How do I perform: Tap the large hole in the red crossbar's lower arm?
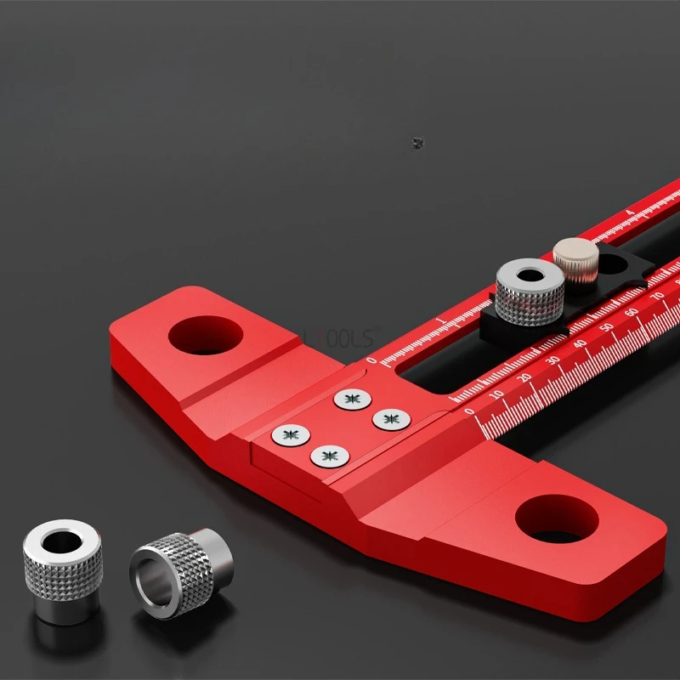(x=557, y=518)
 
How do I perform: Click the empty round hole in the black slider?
(x=613, y=263)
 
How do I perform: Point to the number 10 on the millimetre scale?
(x=497, y=394)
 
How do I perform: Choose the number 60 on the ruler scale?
(x=632, y=312)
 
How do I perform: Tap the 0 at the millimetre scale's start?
(x=470, y=411)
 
